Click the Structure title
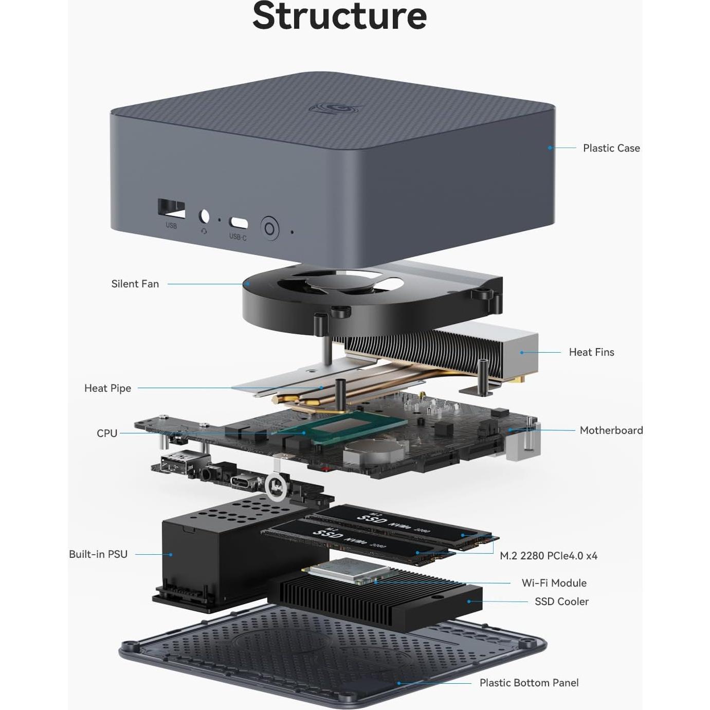pyautogui.click(x=339, y=16)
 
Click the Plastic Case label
pyautogui.click(x=611, y=148)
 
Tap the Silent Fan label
pyautogui.click(x=135, y=284)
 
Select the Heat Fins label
pyautogui.click(x=591, y=352)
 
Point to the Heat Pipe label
pyautogui.click(x=107, y=388)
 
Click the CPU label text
pyautogui.click(x=107, y=433)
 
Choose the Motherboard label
pyautogui.click(x=611, y=430)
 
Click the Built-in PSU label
pyautogui.click(x=98, y=554)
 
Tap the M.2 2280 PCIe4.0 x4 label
pyautogui.click(x=548, y=556)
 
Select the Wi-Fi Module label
pyautogui.click(x=554, y=583)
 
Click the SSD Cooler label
pyautogui.click(x=561, y=602)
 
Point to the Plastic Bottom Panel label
pyautogui.click(x=529, y=683)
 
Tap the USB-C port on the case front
pyautogui.click(x=238, y=223)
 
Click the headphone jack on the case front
pyautogui.click(x=204, y=216)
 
